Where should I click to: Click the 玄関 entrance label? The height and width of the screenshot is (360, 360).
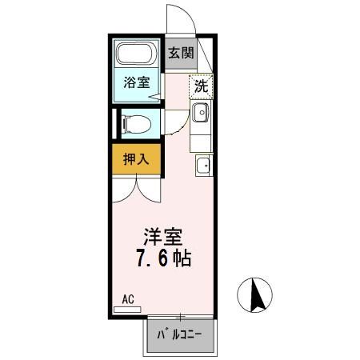click(x=181, y=54)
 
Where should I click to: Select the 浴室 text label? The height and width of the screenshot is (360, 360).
click(x=136, y=82)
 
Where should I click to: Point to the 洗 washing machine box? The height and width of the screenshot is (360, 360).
click(x=201, y=86)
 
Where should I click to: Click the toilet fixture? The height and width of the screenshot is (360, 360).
click(x=136, y=124)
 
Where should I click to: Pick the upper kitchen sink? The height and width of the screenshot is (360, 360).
click(x=200, y=112)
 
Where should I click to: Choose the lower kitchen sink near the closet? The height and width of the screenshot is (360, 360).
click(x=202, y=167)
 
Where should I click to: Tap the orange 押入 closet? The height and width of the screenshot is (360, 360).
click(x=136, y=158)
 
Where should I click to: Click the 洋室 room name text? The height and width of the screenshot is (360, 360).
click(x=163, y=238)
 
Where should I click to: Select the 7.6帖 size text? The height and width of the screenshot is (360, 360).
click(x=163, y=260)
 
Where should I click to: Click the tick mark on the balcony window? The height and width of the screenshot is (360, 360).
click(x=180, y=317)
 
